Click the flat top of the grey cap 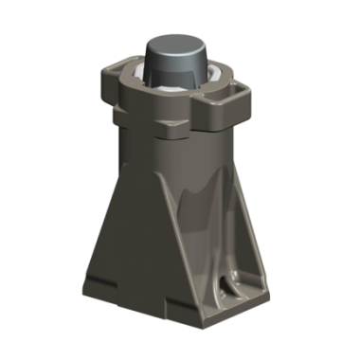pyautogui.click(x=177, y=44)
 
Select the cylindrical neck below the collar pyautogui.click(x=175, y=156)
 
